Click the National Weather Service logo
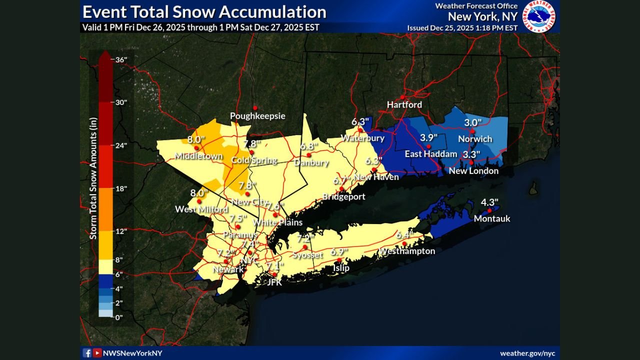tap(538, 16)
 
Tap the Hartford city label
tap(404, 105)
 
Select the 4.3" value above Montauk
tap(489, 202)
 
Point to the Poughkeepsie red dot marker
tap(255, 107)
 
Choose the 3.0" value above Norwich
tap(472, 122)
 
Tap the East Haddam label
tap(430, 154)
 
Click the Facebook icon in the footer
tap(87, 353)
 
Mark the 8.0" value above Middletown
tap(196, 139)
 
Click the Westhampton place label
tap(406, 251)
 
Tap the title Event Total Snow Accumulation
tap(204, 12)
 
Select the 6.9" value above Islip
tap(339, 251)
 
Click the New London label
tap(473, 171)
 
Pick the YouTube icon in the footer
tap(97, 353)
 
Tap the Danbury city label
tap(311, 162)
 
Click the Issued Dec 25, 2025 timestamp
tap(462, 28)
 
